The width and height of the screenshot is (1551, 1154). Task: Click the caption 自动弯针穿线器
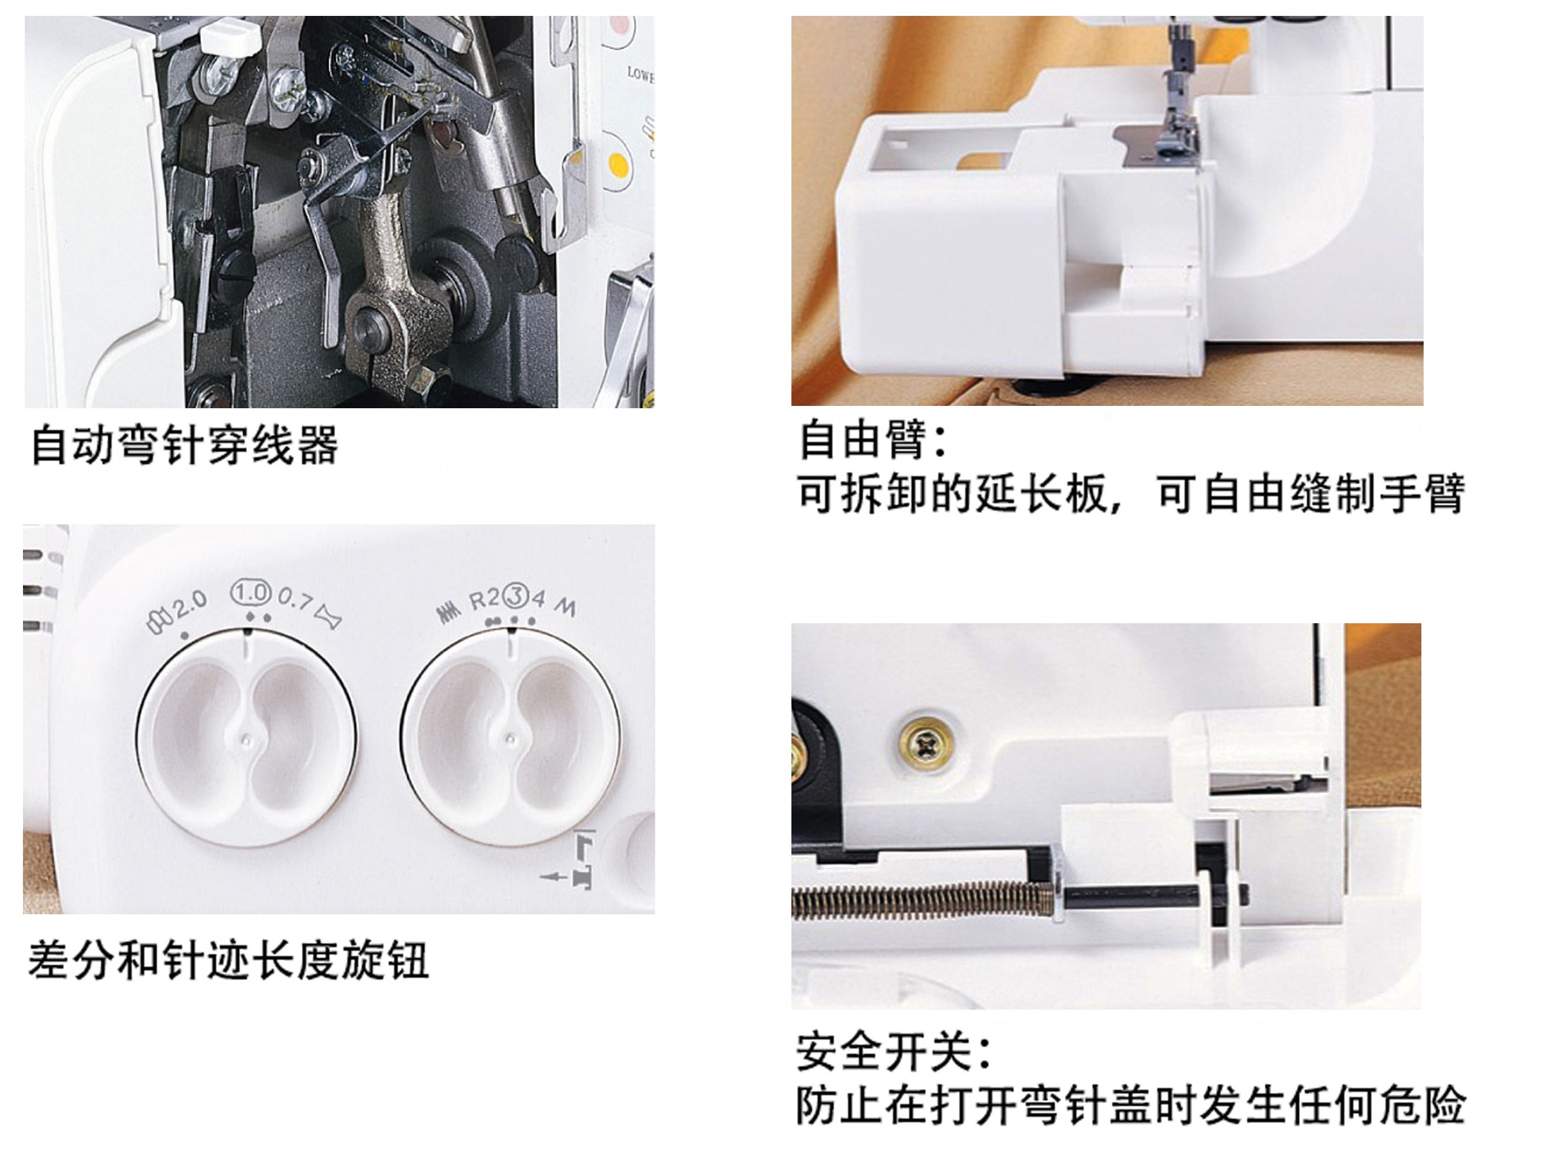click(184, 445)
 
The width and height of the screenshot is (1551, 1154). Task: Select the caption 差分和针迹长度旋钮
click(228, 959)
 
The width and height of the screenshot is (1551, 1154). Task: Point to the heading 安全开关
click(893, 1052)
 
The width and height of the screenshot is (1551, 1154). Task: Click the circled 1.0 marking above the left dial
click(251, 593)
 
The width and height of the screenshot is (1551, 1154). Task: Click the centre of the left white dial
click(246, 736)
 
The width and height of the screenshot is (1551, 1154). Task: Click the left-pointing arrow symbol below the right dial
click(554, 876)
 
